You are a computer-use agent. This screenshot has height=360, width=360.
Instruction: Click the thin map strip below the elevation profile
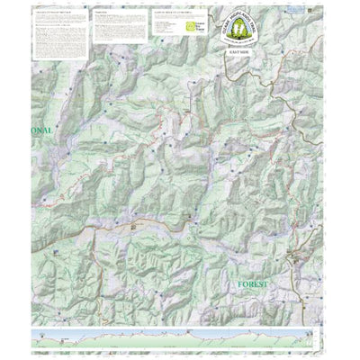tap(180, 348)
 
